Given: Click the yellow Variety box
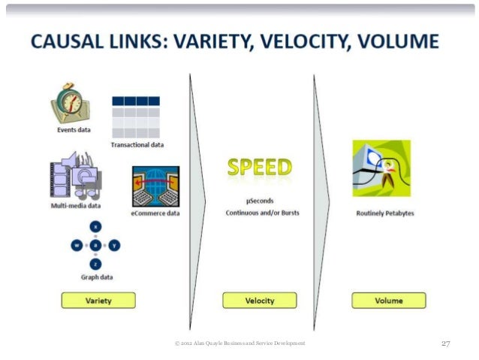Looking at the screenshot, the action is (98, 300).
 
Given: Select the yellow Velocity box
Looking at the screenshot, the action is (260, 301).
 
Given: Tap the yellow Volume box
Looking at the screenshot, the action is (389, 301).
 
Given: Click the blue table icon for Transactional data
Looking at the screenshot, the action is (136, 116).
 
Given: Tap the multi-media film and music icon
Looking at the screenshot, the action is (76, 177).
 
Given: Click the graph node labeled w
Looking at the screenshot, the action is (77, 245).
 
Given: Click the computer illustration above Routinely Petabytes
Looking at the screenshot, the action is (381, 168).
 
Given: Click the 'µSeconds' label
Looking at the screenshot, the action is (259, 201).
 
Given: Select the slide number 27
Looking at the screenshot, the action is (445, 343).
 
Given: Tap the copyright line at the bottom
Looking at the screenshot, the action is (239, 343).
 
